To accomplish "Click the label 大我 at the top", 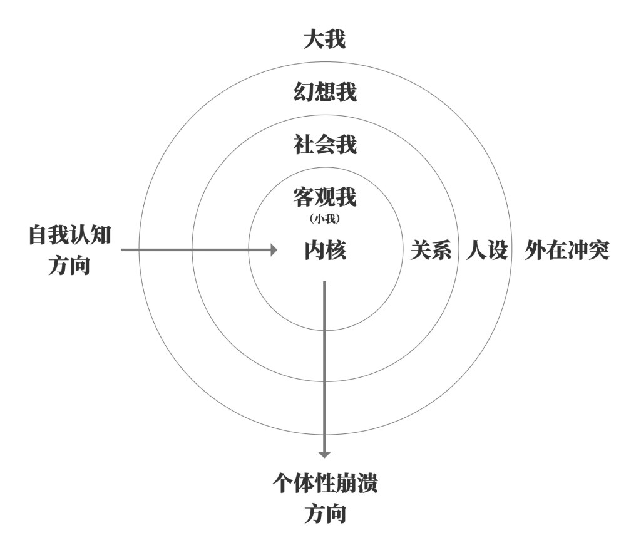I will [x=324, y=41].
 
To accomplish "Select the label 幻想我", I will [x=325, y=93].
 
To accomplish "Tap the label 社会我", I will [x=325, y=145].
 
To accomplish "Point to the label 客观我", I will [x=325, y=198].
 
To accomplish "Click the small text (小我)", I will [x=325, y=219].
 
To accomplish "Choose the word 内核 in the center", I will [x=325, y=251].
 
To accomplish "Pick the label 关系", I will [x=431, y=251].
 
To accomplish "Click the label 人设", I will [x=486, y=251].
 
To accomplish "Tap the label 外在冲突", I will [x=567, y=251].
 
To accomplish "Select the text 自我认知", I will [x=70, y=236].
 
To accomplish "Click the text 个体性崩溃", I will [x=325, y=483].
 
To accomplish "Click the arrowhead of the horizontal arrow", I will [x=273, y=250].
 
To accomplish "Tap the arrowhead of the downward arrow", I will [x=324, y=454].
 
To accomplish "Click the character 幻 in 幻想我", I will [x=304, y=93].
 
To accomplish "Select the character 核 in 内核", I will [x=336, y=251].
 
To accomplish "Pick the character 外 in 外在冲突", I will [x=535, y=251].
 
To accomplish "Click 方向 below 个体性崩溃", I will [x=325, y=514].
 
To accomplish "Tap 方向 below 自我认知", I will [x=69, y=266].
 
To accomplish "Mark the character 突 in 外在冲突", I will [x=598, y=251].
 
